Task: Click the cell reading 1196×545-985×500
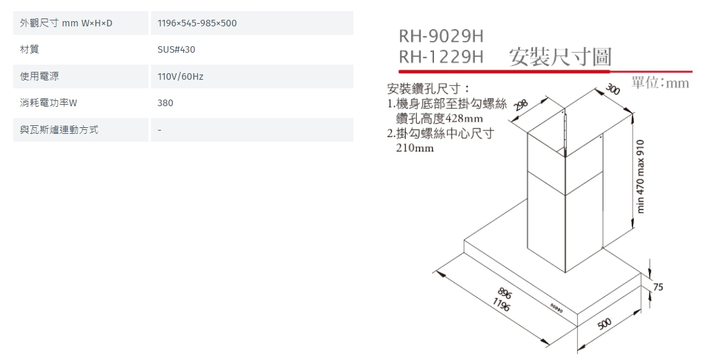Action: pos(197,24)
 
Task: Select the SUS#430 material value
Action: pos(176,50)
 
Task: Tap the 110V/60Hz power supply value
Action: pos(180,76)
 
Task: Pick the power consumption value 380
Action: pos(166,104)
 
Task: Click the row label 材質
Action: pos(29,50)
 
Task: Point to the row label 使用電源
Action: pos(39,76)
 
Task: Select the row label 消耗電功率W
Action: pos(49,104)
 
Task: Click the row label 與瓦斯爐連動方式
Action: pos(59,130)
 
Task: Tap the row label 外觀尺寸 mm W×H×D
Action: pos(66,24)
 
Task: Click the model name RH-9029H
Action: pos(441,36)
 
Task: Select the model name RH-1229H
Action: pos(441,58)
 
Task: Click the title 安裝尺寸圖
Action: pos(561,57)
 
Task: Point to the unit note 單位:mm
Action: pos(659,83)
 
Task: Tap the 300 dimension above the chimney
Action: pos(613,90)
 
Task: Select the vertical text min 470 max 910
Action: pos(641,176)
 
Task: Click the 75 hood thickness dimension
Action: pos(658,287)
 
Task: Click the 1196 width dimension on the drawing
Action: pos(502,305)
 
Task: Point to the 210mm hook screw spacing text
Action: pos(415,148)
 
